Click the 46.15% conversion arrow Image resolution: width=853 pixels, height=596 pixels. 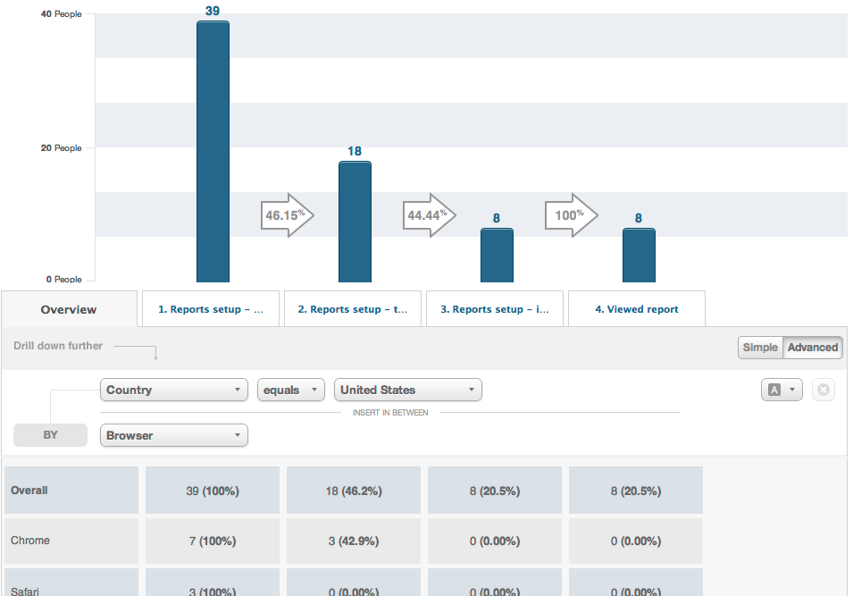pyautogui.click(x=287, y=215)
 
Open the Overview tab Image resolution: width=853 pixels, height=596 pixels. pyautogui.click(x=69, y=309)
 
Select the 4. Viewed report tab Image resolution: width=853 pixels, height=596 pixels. pyautogui.click(x=637, y=309)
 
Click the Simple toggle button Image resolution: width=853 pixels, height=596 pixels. pyautogui.click(x=760, y=348)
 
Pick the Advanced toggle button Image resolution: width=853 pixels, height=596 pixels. pyautogui.click(x=813, y=348)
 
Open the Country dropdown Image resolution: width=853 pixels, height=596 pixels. pyautogui.click(x=174, y=390)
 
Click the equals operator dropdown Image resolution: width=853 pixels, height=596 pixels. pyautogui.click(x=291, y=390)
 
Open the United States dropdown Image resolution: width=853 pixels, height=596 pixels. pyautogui.click(x=408, y=390)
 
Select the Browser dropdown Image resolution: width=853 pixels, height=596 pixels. pyautogui.click(x=174, y=435)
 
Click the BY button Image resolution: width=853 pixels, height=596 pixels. pyautogui.click(x=50, y=435)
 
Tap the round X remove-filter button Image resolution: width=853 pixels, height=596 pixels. pyautogui.click(x=824, y=390)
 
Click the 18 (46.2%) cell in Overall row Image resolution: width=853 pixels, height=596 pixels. pyautogui.click(x=355, y=491)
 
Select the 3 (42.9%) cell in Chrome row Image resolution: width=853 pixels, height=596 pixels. pyautogui.click(x=355, y=541)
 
